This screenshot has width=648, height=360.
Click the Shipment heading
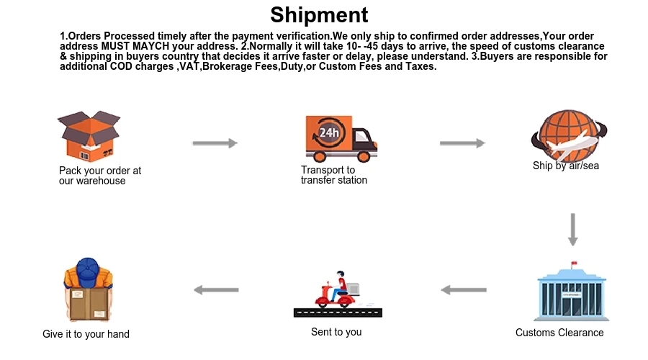click(x=319, y=15)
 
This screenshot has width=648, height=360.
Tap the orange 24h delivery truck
click(x=341, y=138)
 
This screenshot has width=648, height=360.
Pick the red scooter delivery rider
click(x=338, y=291)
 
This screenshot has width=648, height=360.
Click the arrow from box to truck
click(x=215, y=143)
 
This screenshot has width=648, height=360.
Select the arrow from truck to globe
click(x=462, y=143)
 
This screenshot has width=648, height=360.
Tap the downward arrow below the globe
click(x=573, y=229)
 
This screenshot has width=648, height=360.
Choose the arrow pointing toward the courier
click(x=216, y=290)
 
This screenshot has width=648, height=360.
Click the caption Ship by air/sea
click(x=566, y=166)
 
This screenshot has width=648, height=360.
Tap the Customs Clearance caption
click(x=559, y=333)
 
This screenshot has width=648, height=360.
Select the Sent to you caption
click(x=336, y=332)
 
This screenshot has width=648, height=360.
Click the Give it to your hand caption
click(x=86, y=334)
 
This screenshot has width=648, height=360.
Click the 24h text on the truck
click(x=329, y=132)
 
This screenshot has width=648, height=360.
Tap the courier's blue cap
click(x=86, y=269)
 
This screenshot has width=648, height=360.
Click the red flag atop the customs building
click(x=574, y=264)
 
